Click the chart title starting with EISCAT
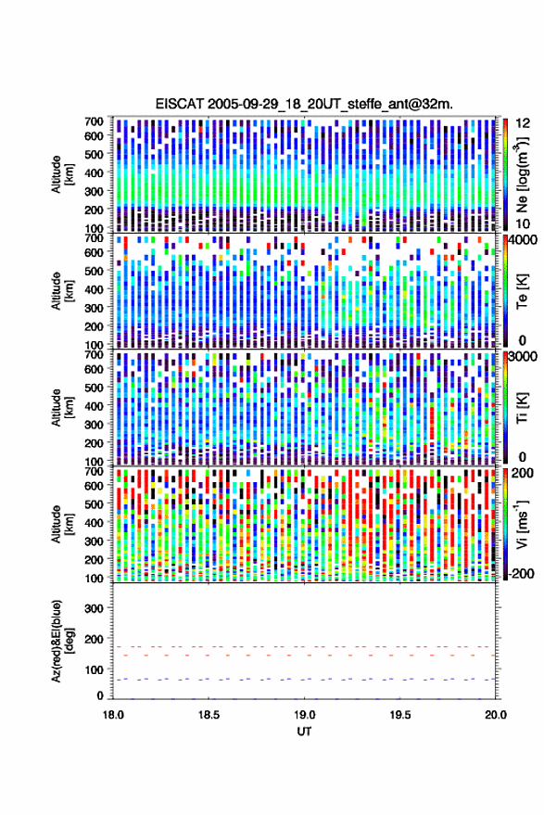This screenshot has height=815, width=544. (x=304, y=104)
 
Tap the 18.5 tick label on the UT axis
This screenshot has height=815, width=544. (x=209, y=715)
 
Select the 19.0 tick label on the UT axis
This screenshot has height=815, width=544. (x=305, y=715)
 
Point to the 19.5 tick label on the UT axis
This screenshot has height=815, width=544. (x=400, y=715)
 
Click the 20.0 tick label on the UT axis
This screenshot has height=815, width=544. (x=496, y=715)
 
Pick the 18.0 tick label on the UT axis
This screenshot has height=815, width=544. (x=113, y=715)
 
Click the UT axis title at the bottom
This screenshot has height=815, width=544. (x=304, y=732)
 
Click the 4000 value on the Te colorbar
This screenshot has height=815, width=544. (x=524, y=241)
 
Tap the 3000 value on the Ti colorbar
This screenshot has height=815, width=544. (x=524, y=357)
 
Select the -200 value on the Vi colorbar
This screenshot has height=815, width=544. (x=520, y=574)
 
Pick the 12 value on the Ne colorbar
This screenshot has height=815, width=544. (x=524, y=123)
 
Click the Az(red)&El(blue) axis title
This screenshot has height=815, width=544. (x=61, y=641)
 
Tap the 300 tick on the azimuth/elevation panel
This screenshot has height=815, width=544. (x=94, y=608)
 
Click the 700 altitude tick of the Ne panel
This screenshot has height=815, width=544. (x=94, y=121)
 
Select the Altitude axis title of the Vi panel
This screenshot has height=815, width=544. (x=61, y=524)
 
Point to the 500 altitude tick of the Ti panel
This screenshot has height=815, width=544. (x=94, y=388)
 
